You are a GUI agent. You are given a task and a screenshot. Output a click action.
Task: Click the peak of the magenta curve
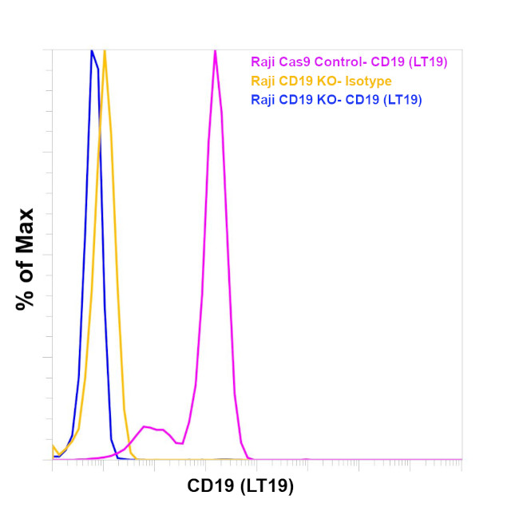[215, 52]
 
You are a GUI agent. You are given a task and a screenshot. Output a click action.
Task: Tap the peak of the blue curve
[92, 52]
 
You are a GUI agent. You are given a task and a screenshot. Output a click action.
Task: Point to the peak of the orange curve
[105, 52]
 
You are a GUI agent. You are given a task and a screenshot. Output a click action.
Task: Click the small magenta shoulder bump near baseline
[145, 427]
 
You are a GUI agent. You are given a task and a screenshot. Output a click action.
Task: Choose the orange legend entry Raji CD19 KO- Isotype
[321, 80]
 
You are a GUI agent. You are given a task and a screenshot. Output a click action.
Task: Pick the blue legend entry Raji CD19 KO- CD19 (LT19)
[336, 100]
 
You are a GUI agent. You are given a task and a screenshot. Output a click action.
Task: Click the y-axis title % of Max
[26, 259]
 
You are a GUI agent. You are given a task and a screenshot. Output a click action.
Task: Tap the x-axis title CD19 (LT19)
[240, 485]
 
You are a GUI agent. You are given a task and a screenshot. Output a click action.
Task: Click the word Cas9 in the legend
[294, 60]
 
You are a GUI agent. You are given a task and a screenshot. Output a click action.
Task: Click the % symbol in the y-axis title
[26, 299]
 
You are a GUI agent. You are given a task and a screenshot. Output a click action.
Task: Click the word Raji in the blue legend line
[263, 100]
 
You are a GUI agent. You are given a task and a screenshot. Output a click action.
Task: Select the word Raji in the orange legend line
[263, 80]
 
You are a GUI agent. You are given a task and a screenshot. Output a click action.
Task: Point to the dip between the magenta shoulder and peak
[180, 443]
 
